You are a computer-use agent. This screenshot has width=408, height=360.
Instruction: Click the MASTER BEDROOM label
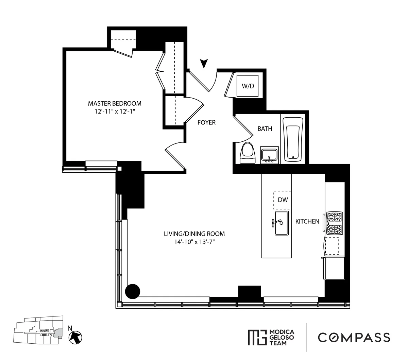point(115,103)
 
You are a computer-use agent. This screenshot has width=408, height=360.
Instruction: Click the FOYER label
point(206,122)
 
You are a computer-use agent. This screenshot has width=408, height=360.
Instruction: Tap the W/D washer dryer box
point(248,86)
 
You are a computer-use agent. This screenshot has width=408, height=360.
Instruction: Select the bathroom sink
point(269,155)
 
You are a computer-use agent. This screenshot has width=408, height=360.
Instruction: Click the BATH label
point(265,128)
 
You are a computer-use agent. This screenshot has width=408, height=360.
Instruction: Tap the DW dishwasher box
point(283,200)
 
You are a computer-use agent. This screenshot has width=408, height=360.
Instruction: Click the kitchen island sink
point(282,223)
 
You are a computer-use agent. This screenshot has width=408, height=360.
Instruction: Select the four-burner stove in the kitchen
point(335,223)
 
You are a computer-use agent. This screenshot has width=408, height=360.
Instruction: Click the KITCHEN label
point(307,221)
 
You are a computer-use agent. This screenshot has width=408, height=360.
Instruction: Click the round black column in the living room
point(133,291)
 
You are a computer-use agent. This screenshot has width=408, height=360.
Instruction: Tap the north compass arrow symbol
point(76,337)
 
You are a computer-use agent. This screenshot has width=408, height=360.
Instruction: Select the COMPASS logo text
point(354,337)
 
